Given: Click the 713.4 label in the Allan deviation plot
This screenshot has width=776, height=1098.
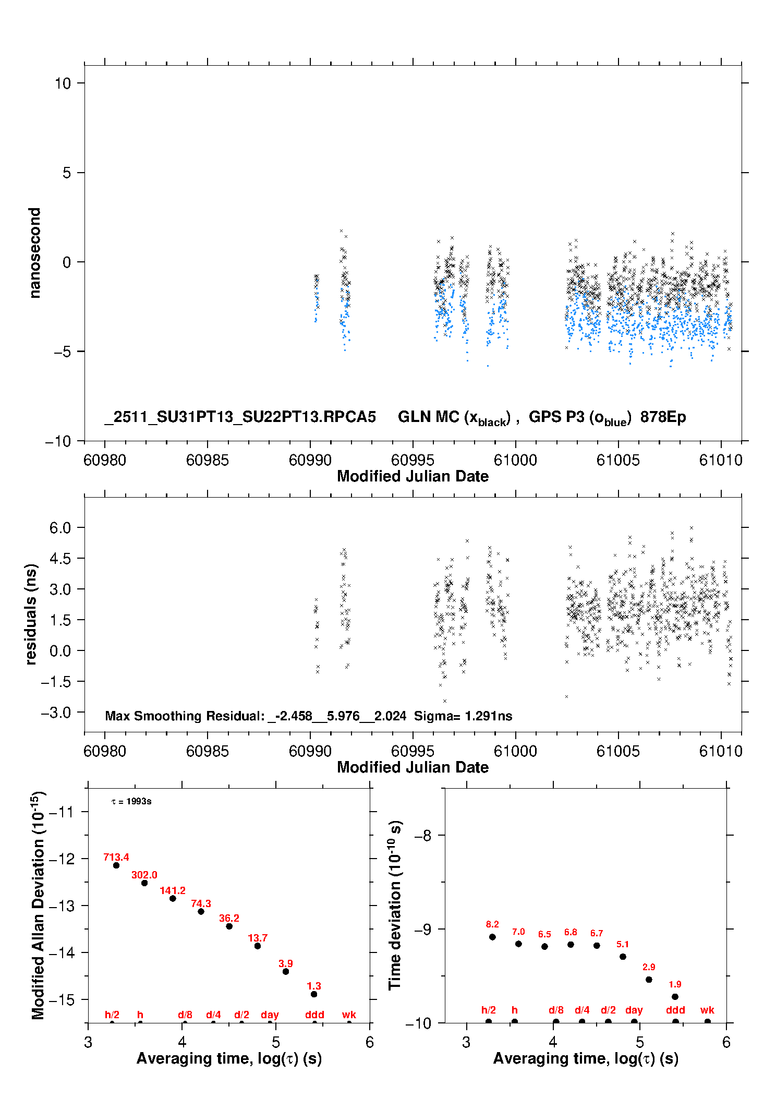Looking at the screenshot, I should [116, 857].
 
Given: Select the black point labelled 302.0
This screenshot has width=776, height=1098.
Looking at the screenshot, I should [144, 883].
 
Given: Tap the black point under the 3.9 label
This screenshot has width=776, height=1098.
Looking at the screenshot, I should [286, 971].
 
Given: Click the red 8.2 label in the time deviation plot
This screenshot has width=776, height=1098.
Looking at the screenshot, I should [492, 924].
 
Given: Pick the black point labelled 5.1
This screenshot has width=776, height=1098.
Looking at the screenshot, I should [623, 957].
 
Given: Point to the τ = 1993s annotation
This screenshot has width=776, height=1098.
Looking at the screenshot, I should [131, 801].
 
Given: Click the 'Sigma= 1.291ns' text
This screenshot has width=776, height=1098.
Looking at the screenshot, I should [463, 716].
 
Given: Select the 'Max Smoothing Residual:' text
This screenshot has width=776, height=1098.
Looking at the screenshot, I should [185, 716].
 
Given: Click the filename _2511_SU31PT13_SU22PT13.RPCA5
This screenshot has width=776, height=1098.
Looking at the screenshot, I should [240, 417].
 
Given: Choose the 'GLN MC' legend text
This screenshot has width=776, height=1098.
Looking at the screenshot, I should [428, 417].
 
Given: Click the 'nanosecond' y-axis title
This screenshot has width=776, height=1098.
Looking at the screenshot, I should [34, 253].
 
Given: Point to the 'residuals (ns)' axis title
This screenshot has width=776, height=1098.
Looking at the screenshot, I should [31, 614].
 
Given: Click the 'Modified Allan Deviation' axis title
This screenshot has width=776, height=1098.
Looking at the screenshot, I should [38, 905].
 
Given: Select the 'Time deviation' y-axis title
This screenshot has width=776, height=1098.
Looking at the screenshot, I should [395, 905].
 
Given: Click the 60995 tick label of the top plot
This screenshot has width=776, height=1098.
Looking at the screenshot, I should [413, 460].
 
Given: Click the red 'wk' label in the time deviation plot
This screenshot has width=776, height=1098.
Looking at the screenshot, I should [707, 1010].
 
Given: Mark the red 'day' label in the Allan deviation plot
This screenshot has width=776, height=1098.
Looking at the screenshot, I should [270, 1015].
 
